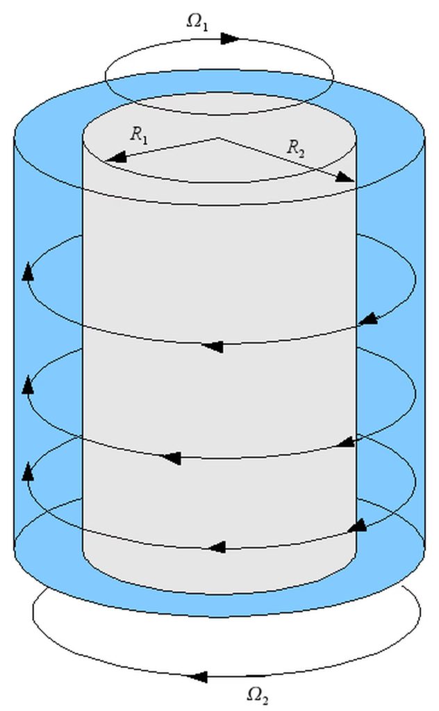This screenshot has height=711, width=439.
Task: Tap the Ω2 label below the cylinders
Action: (x=258, y=694)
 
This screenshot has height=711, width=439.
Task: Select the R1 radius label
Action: (x=139, y=135)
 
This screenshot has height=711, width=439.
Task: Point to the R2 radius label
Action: (x=296, y=148)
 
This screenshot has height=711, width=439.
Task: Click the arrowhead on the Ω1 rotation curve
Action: (x=230, y=39)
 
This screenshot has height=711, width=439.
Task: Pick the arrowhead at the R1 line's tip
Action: (x=115, y=157)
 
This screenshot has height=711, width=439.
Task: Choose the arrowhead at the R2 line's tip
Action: (x=345, y=177)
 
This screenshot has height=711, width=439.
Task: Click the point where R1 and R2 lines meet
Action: (x=219, y=137)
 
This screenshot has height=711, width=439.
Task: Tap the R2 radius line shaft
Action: (x=286, y=159)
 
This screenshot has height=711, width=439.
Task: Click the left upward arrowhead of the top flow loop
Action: (x=28, y=271)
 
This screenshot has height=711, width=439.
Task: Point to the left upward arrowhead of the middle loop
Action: (x=28, y=384)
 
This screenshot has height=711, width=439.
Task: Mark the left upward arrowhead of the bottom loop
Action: (x=28, y=471)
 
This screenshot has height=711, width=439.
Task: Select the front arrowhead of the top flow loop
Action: (x=212, y=346)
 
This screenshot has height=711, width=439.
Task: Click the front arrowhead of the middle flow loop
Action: (x=172, y=458)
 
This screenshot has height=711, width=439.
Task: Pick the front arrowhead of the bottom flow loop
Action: (x=217, y=547)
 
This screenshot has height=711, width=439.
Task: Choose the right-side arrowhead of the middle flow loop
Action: (x=347, y=442)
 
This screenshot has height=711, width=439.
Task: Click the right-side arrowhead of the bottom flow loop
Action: (x=357, y=526)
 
